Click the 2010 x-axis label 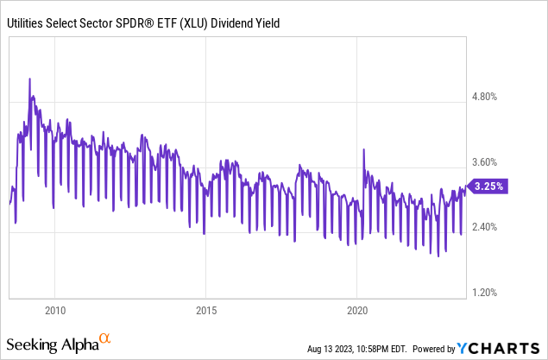tap(54, 310)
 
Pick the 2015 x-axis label tap(205, 310)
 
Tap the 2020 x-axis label tap(357, 310)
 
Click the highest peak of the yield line tap(30, 79)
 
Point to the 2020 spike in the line tap(363, 150)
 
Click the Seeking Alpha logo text tap(55, 344)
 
